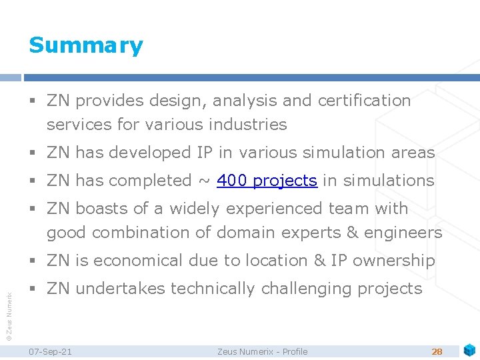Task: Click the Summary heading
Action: point(86,45)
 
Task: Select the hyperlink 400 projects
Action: point(267,181)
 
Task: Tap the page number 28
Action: point(437,351)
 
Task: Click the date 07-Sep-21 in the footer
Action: point(51,351)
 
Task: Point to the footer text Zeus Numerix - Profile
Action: point(263,351)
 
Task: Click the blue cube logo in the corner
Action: point(469,349)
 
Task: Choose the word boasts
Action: point(101,209)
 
